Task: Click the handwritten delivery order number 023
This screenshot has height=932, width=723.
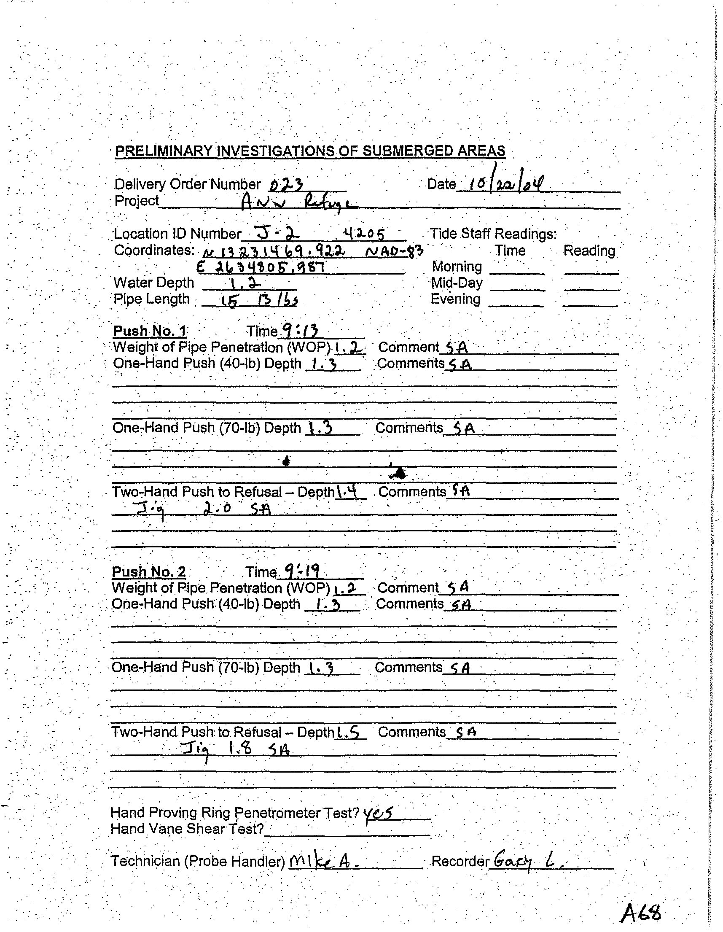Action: coord(286,185)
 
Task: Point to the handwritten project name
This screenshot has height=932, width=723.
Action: coord(298,202)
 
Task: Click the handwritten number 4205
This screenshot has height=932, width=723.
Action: coord(364,234)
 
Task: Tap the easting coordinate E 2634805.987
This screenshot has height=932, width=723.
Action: coord(261,267)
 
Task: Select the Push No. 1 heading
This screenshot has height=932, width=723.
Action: coord(149,331)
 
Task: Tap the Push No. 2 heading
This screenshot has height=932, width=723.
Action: coord(148,571)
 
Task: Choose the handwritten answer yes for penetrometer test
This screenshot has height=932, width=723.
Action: coord(377,813)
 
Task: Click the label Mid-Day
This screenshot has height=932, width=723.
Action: coord(457,283)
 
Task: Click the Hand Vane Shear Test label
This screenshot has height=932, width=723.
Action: coord(187,829)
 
